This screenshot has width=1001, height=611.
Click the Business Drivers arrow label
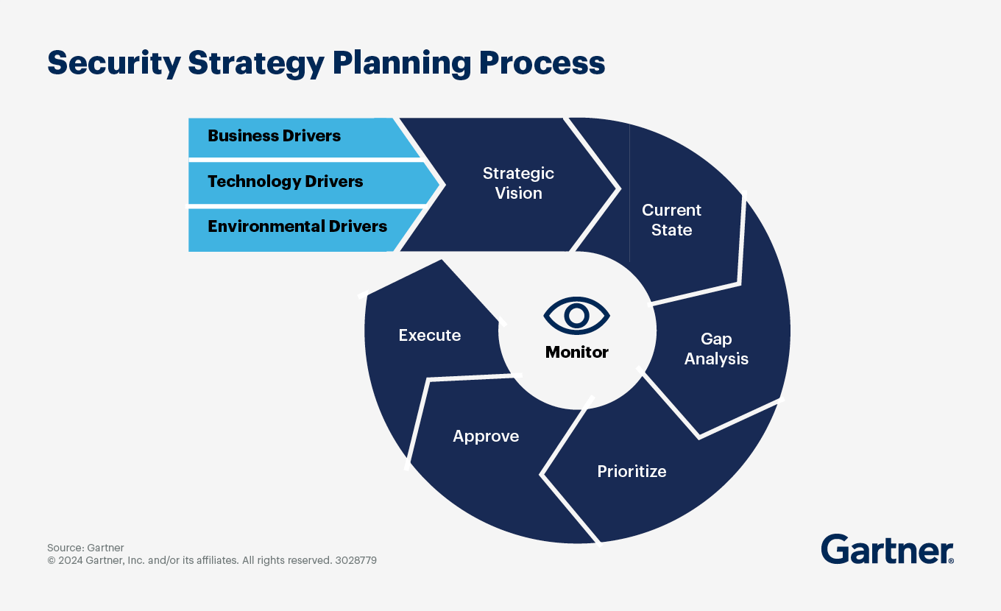pyautogui.click(x=274, y=136)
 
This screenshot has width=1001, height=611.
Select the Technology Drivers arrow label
pyautogui.click(x=285, y=182)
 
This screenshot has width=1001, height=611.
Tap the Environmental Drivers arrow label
pyautogui.click(x=297, y=227)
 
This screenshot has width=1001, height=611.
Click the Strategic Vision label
pyautogui.click(x=518, y=183)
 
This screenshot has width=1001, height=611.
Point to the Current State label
pyautogui.click(x=671, y=220)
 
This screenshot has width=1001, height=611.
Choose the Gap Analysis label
pyautogui.click(x=716, y=349)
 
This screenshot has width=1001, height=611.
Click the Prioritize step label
pyautogui.click(x=632, y=471)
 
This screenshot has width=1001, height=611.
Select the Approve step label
pyautogui.click(x=486, y=437)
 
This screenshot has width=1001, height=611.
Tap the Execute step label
pyautogui.click(x=430, y=336)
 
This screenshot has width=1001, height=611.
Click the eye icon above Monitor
pyautogui.click(x=577, y=316)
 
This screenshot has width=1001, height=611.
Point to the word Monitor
pyautogui.click(x=577, y=353)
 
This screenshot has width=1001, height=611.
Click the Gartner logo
pyautogui.click(x=886, y=550)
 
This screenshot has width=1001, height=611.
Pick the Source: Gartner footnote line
pyautogui.click(x=85, y=548)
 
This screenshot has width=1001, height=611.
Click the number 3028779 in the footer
pyautogui.click(x=356, y=560)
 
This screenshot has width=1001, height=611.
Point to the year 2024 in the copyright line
pyautogui.click(x=71, y=560)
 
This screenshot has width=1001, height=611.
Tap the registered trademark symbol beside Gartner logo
pyautogui.click(x=952, y=561)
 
